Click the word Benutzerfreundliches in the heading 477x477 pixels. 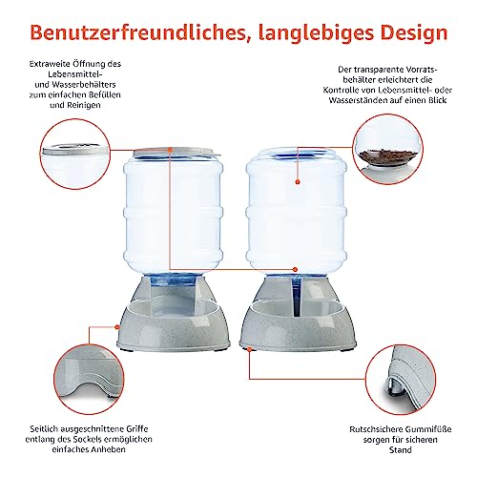[138, 32]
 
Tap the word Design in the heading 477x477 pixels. [414, 33]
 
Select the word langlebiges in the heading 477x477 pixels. [316, 33]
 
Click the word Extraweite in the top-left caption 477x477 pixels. [49, 64]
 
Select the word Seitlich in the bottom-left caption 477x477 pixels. [43, 429]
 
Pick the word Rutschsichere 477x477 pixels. [372, 429]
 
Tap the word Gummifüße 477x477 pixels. [425, 429]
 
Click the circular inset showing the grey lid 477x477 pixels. [75, 155]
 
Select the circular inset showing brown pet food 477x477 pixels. [388, 150]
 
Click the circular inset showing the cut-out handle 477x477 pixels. [89, 379]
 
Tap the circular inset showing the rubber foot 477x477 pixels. [401, 380]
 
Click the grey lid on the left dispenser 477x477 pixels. [176, 152]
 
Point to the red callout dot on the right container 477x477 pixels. [298, 182]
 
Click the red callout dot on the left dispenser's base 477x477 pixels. [117, 326]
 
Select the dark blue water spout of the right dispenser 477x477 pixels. [297, 295]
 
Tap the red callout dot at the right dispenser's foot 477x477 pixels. [250, 349]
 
